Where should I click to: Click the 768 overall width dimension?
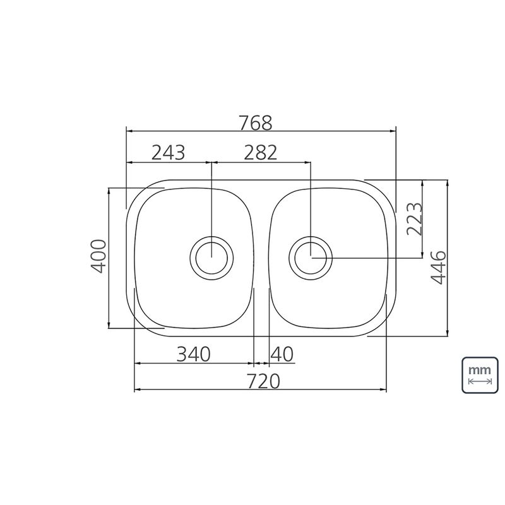pyautogui.click(x=256, y=122)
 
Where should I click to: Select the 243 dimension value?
pyautogui.click(x=168, y=153)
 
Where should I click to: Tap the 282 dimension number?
pyautogui.click(x=260, y=153)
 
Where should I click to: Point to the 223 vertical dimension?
pyautogui.click(x=414, y=219)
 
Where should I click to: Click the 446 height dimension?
pyautogui.click(x=439, y=267)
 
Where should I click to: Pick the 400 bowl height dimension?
pyautogui.click(x=98, y=256)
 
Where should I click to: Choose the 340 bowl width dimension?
pyautogui.click(x=194, y=354)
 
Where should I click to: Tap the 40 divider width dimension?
pyautogui.click(x=282, y=354)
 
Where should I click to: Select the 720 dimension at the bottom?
pyautogui.click(x=263, y=381)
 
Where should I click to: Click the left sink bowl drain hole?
pyautogui.click(x=211, y=258)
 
